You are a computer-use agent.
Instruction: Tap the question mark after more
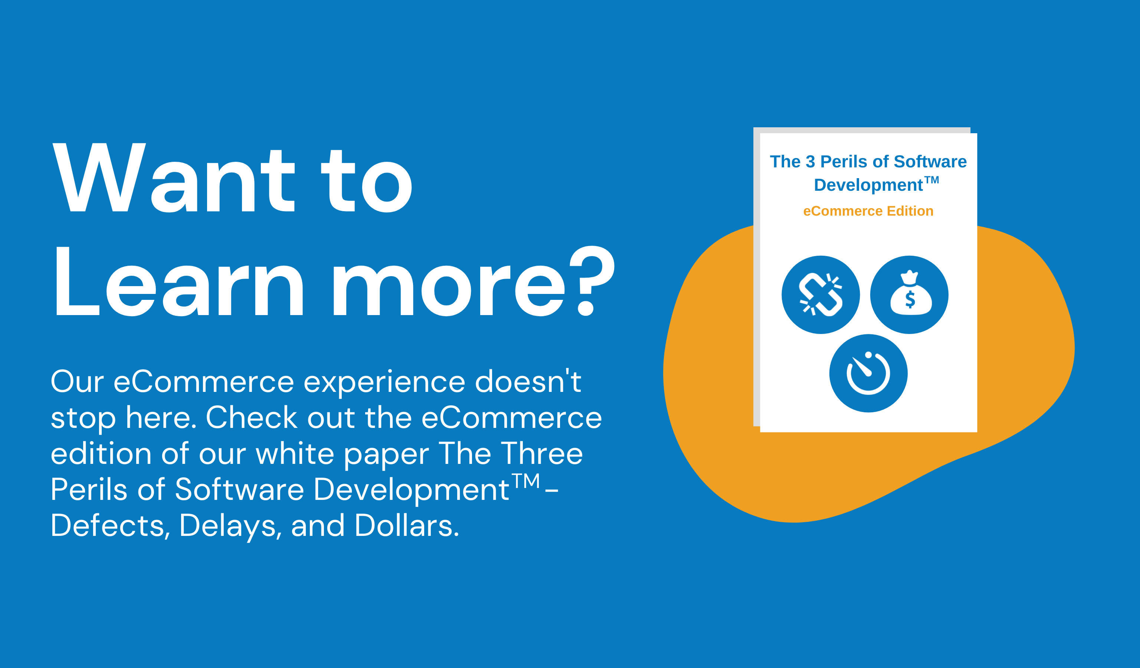(x=592, y=281)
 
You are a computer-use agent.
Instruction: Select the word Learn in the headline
(x=179, y=281)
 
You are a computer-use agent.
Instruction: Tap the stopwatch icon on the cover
(x=868, y=373)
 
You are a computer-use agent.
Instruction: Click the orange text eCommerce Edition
(x=868, y=211)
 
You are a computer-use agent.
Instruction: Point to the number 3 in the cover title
(x=810, y=161)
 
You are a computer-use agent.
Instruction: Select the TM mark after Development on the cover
(x=931, y=180)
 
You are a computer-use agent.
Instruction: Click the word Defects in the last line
(x=108, y=526)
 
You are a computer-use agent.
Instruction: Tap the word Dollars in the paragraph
(x=407, y=526)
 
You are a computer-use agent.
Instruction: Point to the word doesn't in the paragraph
(x=528, y=381)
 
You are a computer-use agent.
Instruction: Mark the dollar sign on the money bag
(x=910, y=299)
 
